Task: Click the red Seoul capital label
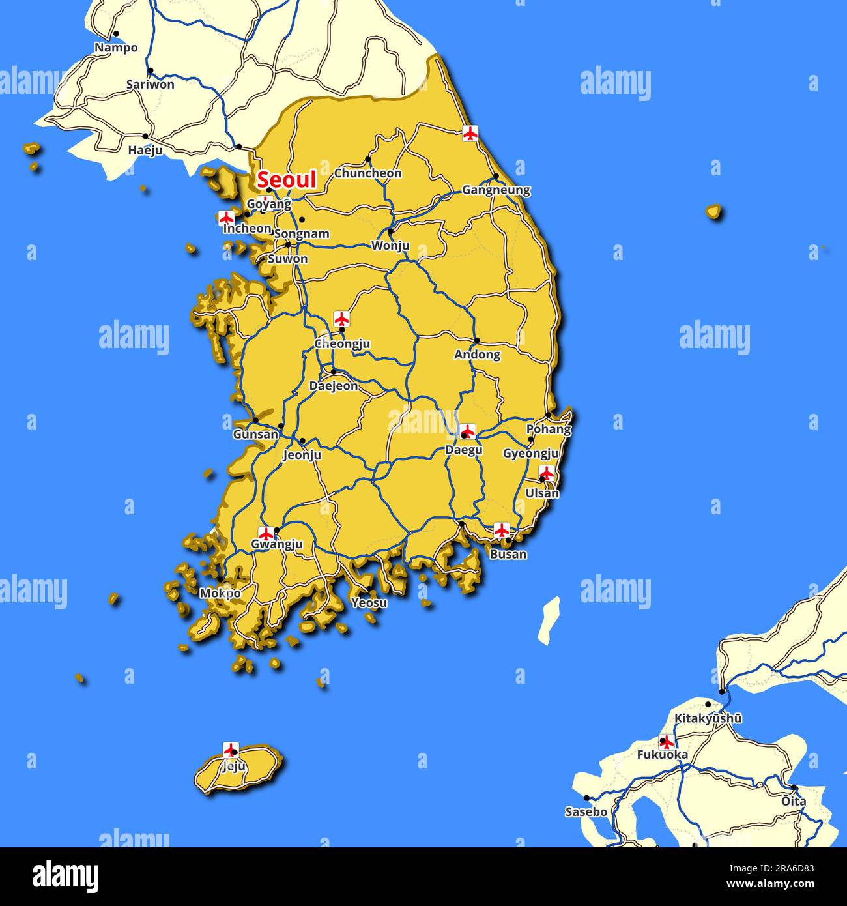[287, 180]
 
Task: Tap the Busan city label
[508, 555]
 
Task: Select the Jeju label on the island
[233, 767]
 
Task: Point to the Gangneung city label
[496, 190]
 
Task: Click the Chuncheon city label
[367, 173]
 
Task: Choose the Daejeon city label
[333, 386]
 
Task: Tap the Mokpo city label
[220, 594]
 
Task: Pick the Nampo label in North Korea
[116, 48]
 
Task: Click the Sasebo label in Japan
[586, 812]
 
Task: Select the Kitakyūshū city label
[708, 718]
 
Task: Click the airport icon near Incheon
[227, 218]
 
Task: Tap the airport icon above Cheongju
[341, 319]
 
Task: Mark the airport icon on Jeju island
[231, 749]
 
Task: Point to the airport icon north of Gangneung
[470, 133]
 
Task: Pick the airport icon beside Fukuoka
[666, 742]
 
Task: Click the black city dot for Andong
[477, 340]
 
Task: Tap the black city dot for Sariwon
[150, 70]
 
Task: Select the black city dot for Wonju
[390, 231]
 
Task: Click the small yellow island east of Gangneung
[714, 211]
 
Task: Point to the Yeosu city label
[369, 603]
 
